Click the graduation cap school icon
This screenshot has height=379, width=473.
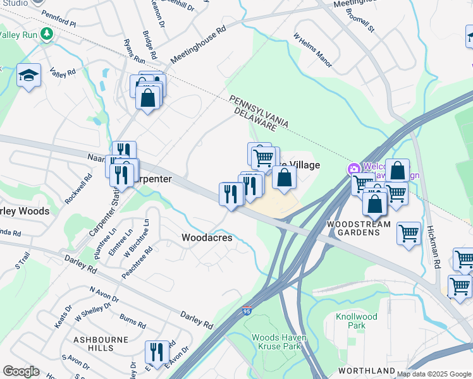coord(28,76)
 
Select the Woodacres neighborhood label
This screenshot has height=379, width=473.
coord(207,238)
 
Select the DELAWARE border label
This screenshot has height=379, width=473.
coord(255,119)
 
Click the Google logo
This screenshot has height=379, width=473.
coord(21,371)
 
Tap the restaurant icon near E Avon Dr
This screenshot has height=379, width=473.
coord(157,352)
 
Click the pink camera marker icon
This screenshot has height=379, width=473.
coord(353,169)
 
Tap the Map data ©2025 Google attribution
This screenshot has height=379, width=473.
coord(433,374)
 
